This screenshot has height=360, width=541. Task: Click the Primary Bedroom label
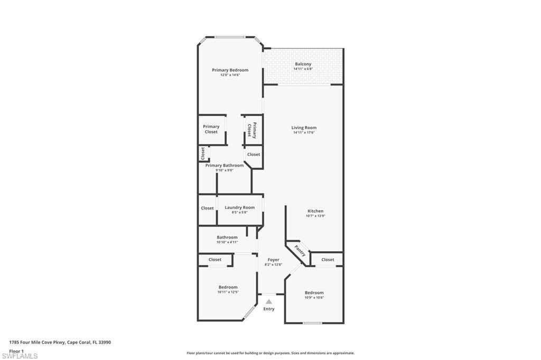[x=230, y=70]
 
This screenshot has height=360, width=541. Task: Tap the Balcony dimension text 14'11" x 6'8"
[x=303, y=69]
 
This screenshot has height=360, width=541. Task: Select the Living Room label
[x=304, y=127]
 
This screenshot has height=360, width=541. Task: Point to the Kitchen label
[x=315, y=211]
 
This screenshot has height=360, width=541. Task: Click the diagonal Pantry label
[x=300, y=251]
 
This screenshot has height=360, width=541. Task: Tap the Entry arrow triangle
[x=268, y=301]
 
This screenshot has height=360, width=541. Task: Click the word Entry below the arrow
[x=268, y=309]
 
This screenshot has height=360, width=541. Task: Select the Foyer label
[x=273, y=260]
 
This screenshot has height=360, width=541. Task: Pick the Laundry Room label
[x=239, y=207]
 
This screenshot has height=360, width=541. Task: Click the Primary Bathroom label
[x=225, y=165]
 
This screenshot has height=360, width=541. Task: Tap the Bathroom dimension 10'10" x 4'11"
[x=227, y=242]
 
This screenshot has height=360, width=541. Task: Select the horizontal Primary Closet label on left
[x=211, y=129]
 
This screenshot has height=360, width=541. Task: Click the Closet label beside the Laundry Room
[x=207, y=208]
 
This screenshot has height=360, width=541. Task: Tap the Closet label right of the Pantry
[x=328, y=260]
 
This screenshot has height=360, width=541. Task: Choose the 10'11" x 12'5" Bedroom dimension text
[x=228, y=292]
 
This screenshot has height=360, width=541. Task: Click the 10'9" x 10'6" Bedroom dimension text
[x=314, y=297]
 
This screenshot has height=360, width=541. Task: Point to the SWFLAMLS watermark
[x=20, y=356]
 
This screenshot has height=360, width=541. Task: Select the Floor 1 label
[x=16, y=350]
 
